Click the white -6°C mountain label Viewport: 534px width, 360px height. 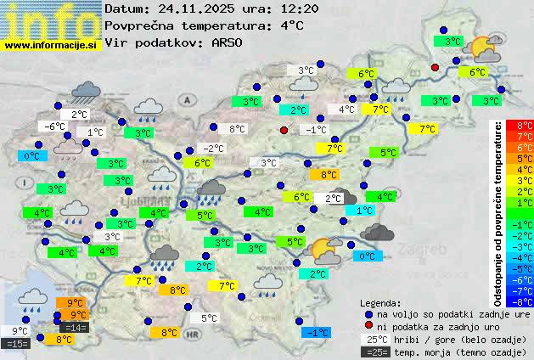[x=55, y=127]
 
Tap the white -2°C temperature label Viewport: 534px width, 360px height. [x=213, y=149]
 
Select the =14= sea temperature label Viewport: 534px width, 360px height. [x=75, y=328]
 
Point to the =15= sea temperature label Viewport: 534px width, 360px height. [x=16, y=344]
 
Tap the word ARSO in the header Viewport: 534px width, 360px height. [x=228, y=42]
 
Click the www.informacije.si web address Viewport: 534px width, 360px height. [x=51, y=45]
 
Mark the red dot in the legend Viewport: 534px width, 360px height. [x=368, y=326]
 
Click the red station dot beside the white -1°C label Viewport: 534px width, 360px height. [x=284, y=130]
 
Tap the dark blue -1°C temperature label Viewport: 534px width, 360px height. [x=316, y=333]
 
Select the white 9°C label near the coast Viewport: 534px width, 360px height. [x=20, y=331]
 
